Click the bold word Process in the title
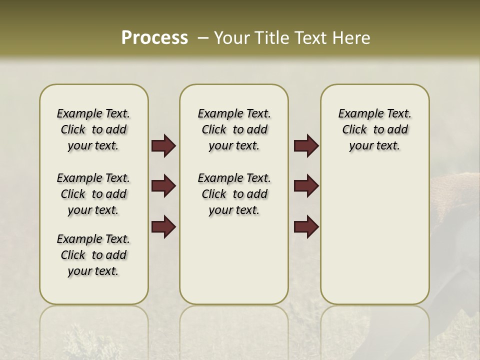point(154,38)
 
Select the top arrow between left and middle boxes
point(163,146)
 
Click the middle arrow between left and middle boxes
point(163,186)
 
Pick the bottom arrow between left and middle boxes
point(163,226)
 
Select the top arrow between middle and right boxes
point(306,146)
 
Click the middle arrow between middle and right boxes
point(306,186)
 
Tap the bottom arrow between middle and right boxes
point(306,226)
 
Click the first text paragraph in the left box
point(93,129)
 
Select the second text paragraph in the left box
point(93,194)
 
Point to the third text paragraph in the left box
point(93,255)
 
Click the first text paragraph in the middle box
point(234,129)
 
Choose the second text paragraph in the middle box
point(234,194)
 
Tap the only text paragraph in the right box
point(375,129)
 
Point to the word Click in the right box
point(354,130)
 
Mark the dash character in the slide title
point(203,38)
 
